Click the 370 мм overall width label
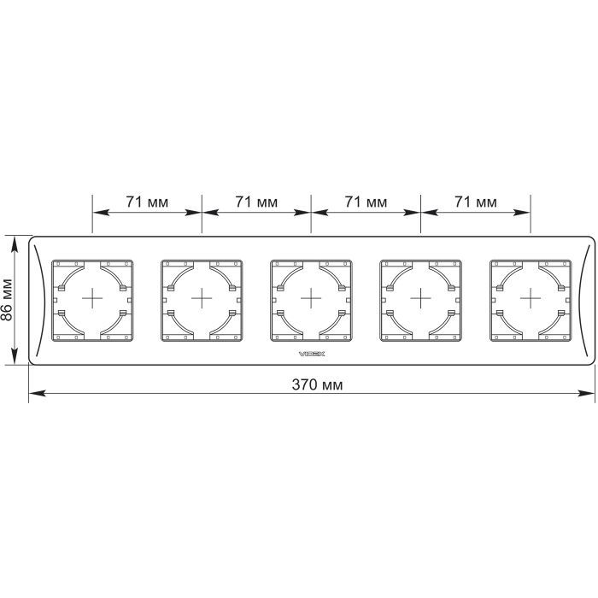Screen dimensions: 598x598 click(317, 384)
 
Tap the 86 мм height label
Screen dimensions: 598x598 click(7, 300)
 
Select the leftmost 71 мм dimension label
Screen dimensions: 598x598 click(147, 202)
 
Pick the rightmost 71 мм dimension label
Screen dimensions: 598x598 click(476, 202)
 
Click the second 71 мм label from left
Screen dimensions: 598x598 click(256, 202)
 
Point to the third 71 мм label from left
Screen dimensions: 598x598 click(366, 202)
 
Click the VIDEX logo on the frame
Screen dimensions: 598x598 click(312, 354)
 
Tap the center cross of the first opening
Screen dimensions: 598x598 click(92, 298)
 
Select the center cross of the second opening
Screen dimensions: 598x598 click(202, 298)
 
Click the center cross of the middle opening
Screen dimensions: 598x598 click(311, 298)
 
